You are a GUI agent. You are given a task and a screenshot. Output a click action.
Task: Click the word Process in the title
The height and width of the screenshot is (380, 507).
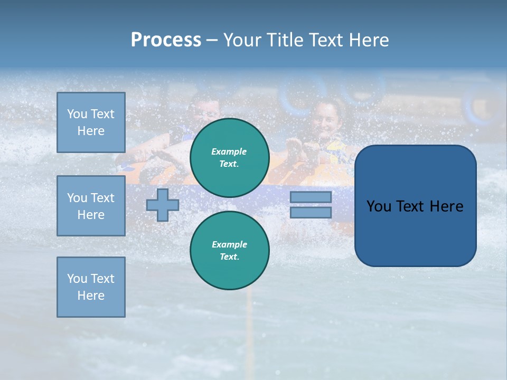click(166, 40)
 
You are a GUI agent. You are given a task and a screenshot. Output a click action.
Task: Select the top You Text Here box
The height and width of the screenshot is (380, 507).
click(91, 122)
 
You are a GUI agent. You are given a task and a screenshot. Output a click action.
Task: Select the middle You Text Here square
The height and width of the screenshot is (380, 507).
click(91, 206)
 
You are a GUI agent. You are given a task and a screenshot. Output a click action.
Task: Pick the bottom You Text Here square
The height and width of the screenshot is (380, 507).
click(91, 287)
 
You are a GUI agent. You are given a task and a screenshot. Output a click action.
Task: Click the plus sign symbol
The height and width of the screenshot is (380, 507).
click(163, 205)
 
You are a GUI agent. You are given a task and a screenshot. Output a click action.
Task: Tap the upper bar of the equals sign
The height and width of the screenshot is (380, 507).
click(311, 197)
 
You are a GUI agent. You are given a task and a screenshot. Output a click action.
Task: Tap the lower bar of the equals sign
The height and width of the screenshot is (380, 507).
click(311, 212)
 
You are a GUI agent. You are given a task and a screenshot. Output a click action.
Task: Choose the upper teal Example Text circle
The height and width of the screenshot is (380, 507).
click(230, 158)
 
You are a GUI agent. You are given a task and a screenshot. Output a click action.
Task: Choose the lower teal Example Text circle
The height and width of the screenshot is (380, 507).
click(230, 251)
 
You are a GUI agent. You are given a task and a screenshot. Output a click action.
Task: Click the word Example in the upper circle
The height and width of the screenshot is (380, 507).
click(229, 151)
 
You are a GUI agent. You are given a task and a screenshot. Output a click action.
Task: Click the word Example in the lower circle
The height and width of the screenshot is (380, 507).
click(229, 244)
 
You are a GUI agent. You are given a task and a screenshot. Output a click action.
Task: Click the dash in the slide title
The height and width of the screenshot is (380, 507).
click(212, 41)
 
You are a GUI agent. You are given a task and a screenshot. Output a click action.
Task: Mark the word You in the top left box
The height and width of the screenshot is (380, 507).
click(77, 114)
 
